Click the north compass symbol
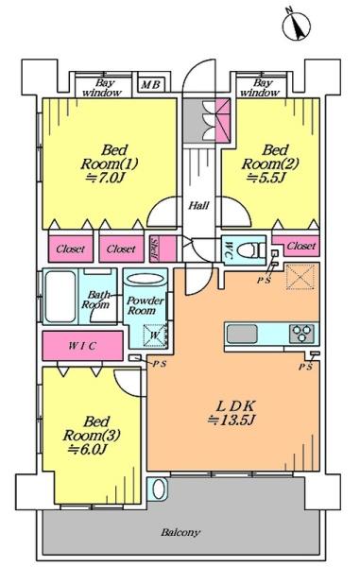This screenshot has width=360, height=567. click(297, 26)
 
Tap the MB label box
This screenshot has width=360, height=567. click(151, 85)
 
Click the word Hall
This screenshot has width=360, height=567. click(198, 206)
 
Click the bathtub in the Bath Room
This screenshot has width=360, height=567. click(60, 296)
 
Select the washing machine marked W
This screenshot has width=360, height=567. click(155, 335)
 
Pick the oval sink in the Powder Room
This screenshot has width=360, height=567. click(146, 280)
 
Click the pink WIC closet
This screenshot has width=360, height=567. click(83, 345)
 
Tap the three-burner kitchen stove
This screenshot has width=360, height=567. click(301, 333)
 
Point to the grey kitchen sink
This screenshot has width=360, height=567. click(242, 333)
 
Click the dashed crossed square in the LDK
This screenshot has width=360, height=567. click(300, 277)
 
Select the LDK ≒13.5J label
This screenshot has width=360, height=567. click(232, 412)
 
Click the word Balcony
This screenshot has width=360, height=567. click(180, 532)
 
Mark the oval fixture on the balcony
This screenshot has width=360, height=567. click(159, 489)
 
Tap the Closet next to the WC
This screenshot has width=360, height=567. click(296, 246)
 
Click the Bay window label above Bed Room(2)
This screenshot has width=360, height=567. click(260, 88)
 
